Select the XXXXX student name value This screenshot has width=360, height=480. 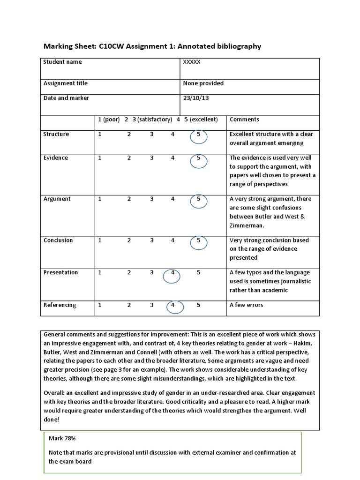(x=192, y=62)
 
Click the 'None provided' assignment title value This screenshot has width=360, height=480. (x=203, y=83)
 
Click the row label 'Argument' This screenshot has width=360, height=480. (x=57, y=199)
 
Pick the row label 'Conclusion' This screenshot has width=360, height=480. (x=58, y=240)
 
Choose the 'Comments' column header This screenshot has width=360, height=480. (x=244, y=120)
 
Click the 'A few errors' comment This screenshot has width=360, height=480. (x=246, y=305)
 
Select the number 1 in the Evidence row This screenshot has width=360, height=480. (x=100, y=158)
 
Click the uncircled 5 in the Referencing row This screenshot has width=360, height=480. (x=199, y=305)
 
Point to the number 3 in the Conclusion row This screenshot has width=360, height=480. (x=152, y=240)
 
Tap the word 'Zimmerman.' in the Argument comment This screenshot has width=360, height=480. (x=247, y=225)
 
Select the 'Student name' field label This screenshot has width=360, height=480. (x=62, y=62)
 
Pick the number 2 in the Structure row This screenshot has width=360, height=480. (x=129, y=135)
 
